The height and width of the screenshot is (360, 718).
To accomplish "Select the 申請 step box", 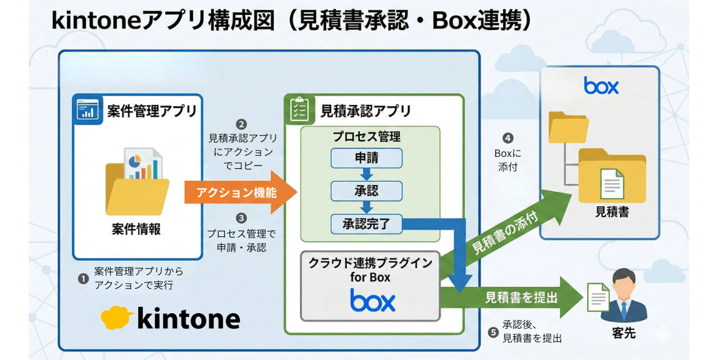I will pos(366,159).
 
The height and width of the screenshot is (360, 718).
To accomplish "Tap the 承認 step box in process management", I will pos(366,189).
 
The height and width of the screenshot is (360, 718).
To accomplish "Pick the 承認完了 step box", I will pos(366,222).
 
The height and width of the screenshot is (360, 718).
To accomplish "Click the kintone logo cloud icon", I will pos(116,317).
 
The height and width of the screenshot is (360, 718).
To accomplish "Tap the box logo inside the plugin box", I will pos(372,301).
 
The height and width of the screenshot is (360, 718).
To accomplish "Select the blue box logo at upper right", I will pos(601,86).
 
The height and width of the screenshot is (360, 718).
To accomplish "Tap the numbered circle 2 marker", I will pos(241,124).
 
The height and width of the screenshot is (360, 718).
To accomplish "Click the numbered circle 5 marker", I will pos(493,332).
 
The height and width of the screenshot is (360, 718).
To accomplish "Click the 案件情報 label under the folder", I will pos(136,229).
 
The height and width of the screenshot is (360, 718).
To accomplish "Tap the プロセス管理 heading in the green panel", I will pos(366,136).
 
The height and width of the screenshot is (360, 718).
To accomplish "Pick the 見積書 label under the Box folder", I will pos(612,212).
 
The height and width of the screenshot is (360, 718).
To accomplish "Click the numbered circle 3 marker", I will pos(241,219).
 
